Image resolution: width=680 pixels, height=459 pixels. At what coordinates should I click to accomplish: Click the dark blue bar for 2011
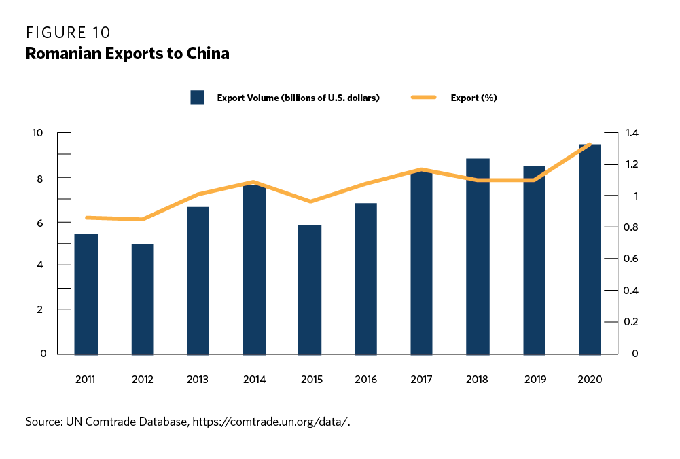click(x=86, y=294)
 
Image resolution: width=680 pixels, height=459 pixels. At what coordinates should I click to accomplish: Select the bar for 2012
click(x=142, y=299)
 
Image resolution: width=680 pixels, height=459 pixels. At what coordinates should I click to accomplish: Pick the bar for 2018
click(x=478, y=257)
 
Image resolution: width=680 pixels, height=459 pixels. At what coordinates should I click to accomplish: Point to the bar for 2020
click(x=589, y=249)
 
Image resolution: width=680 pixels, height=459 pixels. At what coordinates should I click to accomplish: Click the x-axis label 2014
click(x=254, y=379)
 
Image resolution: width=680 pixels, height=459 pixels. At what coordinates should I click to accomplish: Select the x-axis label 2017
click(x=422, y=379)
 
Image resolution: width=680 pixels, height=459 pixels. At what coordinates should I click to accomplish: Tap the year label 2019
click(x=534, y=379)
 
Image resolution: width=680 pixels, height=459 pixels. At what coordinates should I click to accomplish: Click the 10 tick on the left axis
click(x=38, y=132)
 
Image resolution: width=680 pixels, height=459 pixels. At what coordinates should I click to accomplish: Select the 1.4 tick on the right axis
click(x=632, y=132)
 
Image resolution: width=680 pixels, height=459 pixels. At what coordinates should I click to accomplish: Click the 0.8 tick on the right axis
click(x=632, y=227)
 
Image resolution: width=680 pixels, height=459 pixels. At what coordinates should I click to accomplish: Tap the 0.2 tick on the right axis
click(x=632, y=322)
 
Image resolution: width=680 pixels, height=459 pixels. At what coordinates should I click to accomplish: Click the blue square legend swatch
click(x=198, y=98)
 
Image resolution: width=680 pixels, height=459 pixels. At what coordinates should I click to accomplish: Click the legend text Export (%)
click(x=473, y=98)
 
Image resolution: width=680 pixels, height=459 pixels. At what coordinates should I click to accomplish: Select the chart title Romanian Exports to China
click(x=127, y=54)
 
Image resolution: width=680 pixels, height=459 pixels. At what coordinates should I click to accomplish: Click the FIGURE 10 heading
click(x=68, y=33)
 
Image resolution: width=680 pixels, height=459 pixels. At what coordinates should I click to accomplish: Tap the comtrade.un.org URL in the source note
click(x=271, y=422)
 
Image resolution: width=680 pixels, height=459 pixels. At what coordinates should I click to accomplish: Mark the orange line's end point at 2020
click(x=589, y=144)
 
